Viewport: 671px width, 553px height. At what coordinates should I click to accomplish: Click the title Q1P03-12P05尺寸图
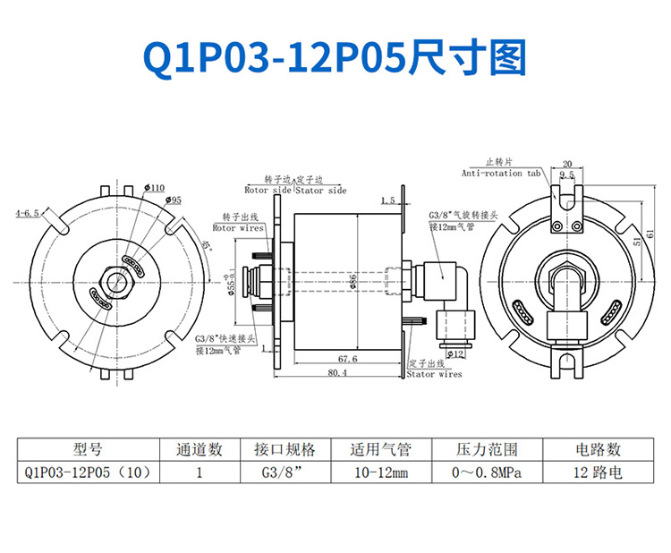tap(335, 56)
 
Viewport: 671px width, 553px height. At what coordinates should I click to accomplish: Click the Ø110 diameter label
tap(154, 188)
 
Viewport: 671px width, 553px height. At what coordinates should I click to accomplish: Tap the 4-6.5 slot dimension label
tap(27, 214)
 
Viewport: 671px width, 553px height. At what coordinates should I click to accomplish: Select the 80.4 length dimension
tap(337, 372)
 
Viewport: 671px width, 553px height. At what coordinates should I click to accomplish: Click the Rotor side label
tap(268, 191)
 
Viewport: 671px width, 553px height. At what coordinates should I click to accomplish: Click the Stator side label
tap(321, 191)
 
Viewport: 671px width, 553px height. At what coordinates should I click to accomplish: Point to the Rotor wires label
tap(237, 228)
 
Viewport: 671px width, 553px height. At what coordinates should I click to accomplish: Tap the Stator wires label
tap(434, 374)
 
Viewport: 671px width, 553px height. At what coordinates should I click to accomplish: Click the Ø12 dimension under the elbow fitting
tap(454, 353)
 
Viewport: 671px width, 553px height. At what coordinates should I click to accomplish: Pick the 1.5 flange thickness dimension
tap(388, 200)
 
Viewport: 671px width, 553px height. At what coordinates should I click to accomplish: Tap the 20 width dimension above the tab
tap(565, 164)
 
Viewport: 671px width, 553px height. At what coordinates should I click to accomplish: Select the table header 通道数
tap(199, 449)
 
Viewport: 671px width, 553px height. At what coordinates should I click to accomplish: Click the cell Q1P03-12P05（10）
tap(88, 472)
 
